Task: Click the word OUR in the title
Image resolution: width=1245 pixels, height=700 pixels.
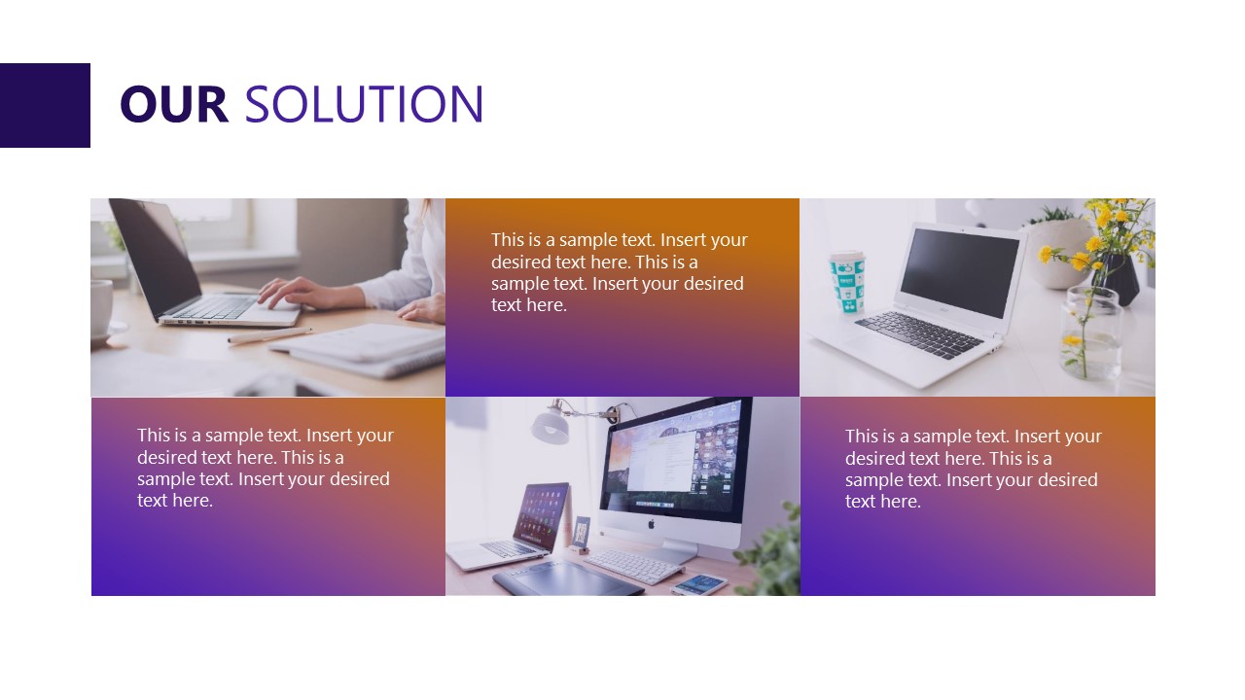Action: pos(173,105)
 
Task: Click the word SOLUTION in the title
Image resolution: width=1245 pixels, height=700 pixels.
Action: pos(364,105)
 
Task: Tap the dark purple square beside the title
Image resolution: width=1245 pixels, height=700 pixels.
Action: pos(45,105)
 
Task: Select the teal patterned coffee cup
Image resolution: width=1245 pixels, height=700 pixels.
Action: pos(846,283)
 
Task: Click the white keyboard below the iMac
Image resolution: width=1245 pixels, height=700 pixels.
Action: pos(633,565)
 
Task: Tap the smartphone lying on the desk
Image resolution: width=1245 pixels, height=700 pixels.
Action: pos(698,583)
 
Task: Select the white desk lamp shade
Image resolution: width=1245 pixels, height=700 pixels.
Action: pos(551,426)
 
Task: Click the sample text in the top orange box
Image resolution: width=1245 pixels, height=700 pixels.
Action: pos(619,272)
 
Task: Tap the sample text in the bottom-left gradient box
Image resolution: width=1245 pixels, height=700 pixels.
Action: pos(265,468)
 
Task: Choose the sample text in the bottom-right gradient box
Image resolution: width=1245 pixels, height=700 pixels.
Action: pos(973,469)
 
